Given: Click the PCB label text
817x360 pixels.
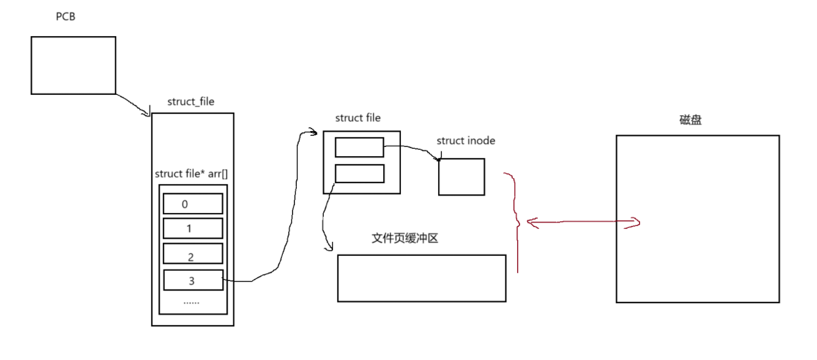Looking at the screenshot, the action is (x=65, y=17).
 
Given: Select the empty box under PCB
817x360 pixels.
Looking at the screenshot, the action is (x=73, y=65).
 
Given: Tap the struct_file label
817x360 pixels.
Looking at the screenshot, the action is (x=191, y=102).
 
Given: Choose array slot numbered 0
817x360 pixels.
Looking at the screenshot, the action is (x=193, y=204).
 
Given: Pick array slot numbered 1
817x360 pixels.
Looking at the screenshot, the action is (x=193, y=229).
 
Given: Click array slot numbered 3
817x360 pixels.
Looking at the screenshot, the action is (x=193, y=281).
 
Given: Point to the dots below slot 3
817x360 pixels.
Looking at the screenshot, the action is (x=192, y=302).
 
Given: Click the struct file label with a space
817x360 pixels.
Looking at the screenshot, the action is (x=357, y=118).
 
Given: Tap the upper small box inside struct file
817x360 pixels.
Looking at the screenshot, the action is (x=359, y=147).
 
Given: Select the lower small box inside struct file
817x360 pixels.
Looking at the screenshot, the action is (x=359, y=173).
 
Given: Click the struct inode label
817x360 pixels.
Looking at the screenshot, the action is (x=466, y=141).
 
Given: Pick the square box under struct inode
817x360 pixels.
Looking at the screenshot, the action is (x=461, y=177).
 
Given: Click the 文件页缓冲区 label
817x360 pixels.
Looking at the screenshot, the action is (x=405, y=238).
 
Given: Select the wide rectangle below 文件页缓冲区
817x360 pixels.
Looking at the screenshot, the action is (x=422, y=278).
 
